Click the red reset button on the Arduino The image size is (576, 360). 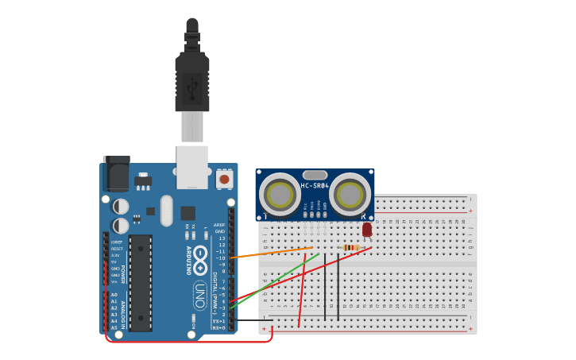(x=224, y=180)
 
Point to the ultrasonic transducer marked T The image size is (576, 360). (x=280, y=194)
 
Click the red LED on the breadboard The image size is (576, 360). (x=367, y=230)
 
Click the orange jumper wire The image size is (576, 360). (x=270, y=253)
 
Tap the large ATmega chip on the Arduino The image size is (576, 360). (x=141, y=282)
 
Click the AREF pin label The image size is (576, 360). (x=219, y=225)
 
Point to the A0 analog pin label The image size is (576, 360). (x=114, y=295)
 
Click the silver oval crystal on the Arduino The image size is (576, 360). (x=166, y=211)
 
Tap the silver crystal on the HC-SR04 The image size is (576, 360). (x=315, y=175)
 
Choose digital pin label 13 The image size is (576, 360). (x=222, y=238)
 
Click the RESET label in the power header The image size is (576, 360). (x=116, y=249)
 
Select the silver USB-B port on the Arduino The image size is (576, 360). (x=192, y=167)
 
